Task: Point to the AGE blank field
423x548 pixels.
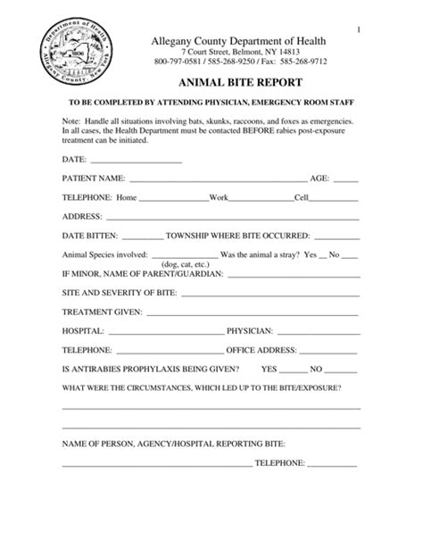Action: click(346, 179)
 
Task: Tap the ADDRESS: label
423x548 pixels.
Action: click(81, 217)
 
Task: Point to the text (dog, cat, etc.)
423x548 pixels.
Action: click(186, 265)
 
